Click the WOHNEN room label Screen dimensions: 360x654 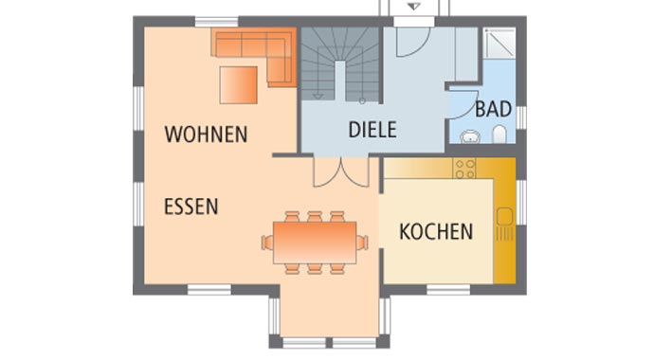point(206,134)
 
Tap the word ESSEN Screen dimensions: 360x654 point(191,206)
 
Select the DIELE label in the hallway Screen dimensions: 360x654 point(372,130)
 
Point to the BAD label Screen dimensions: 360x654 point(493,109)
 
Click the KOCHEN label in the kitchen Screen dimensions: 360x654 point(435,230)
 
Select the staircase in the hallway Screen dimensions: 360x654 point(341,63)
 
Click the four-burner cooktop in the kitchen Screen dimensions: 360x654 point(464,168)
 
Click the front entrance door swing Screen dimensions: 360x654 point(412,40)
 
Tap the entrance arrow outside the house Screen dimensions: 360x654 point(413,7)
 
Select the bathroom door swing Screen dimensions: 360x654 point(460,104)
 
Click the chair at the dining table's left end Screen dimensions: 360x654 point(268,243)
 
